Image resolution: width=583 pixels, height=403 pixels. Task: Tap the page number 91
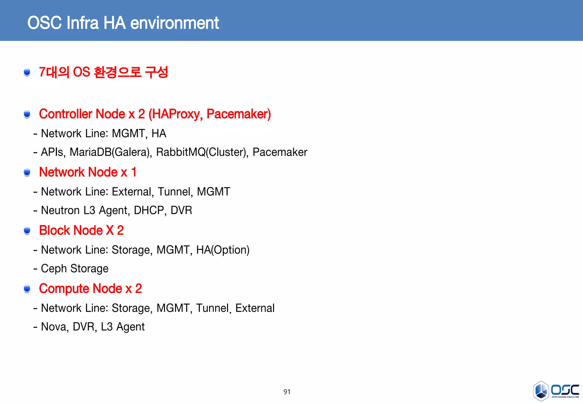coord(287,392)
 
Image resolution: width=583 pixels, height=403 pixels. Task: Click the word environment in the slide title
coord(175,23)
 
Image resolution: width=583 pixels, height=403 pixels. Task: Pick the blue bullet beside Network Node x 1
coord(27,172)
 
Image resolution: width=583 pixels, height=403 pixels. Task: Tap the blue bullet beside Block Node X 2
coord(27,230)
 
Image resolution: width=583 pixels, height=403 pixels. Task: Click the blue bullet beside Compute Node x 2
coord(27,289)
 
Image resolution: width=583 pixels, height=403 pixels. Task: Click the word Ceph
coord(54,269)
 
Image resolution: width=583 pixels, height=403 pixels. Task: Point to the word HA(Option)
coord(223,250)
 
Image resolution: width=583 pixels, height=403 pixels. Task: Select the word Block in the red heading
coord(54,230)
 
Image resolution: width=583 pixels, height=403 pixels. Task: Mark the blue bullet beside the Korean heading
coord(27,72)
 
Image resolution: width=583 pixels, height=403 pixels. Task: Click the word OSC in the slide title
coord(44,23)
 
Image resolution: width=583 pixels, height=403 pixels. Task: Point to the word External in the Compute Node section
coord(255,308)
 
